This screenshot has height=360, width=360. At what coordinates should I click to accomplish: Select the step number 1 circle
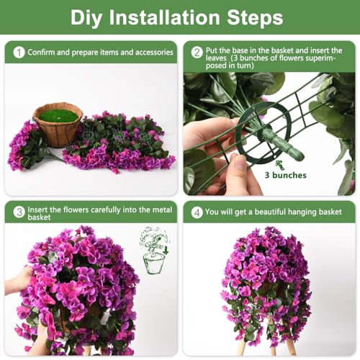point(19,53)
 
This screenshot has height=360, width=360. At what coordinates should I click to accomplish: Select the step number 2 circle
point(197,53)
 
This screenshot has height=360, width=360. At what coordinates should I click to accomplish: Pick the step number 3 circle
point(19,212)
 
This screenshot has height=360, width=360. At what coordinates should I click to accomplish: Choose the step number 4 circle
point(197,212)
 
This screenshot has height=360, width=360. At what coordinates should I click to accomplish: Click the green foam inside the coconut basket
point(58,115)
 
